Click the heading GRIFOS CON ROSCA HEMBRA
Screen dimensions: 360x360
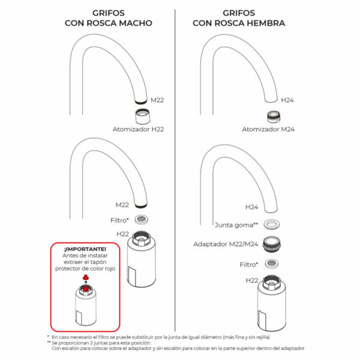click(238, 18)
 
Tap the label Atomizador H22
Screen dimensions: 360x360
click(139, 129)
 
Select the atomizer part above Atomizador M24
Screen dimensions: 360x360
click(273, 116)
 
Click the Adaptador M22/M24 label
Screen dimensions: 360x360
click(226, 245)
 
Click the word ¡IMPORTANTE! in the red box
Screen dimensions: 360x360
click(85, 249)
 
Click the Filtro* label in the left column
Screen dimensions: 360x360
click(120, 220)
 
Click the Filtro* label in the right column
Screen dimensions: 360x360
click(248, 264)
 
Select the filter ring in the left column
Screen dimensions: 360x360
click(143, 220)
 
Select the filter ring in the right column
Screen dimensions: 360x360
click(273, 264)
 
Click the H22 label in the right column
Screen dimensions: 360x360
click(252, 280)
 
